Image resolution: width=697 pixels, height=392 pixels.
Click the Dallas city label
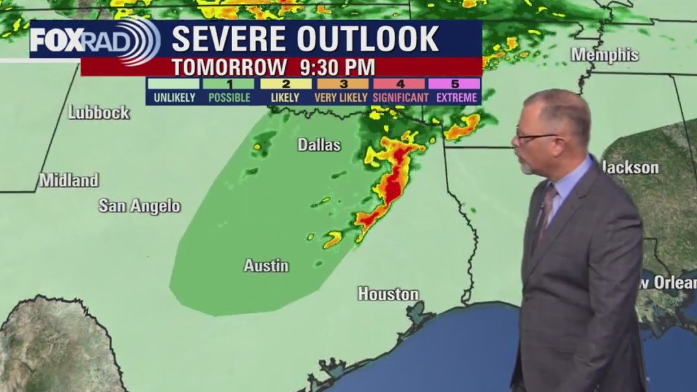[319, 145]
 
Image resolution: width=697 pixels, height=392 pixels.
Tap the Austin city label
[266, 265]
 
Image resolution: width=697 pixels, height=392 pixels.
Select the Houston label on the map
[388, 294]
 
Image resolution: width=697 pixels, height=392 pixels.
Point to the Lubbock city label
[99, 112]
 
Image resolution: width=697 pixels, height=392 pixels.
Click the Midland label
[69, 180]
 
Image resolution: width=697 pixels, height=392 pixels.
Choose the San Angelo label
[139, 206]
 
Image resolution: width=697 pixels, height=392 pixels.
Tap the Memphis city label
[604, 55]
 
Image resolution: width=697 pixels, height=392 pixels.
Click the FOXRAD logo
[95, 41]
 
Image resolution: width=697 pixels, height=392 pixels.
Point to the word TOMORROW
[230, 66]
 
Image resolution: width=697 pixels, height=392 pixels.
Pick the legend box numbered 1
[229, 84]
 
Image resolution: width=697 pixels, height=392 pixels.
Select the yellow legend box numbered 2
[286, 84]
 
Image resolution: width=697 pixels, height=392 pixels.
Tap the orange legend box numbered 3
[343, 84]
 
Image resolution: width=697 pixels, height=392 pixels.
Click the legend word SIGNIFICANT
[400, 98]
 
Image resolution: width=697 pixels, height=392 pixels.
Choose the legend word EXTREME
[456, 98]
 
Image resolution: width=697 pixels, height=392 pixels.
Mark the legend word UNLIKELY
[174, 98]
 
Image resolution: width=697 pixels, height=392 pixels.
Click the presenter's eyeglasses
[536, 138]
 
